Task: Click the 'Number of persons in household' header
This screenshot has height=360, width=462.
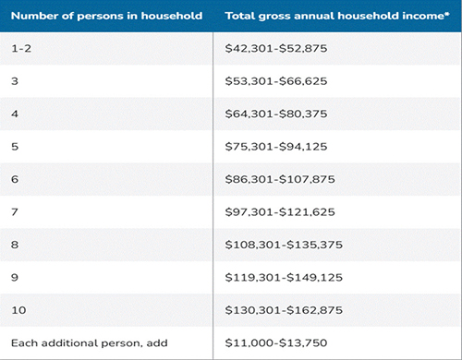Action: tap(106, 16)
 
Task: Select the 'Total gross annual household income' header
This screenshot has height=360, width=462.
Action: tap(334, 16)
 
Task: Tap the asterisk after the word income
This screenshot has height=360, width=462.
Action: tap(447, 14)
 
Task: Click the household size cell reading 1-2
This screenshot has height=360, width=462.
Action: tap(21, 48)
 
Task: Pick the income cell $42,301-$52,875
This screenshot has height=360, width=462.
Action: tap(276, 48)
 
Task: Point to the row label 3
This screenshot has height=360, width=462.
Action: tap(15, 81)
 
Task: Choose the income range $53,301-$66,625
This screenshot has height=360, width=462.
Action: tap(276, 81)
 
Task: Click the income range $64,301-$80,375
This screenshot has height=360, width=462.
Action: tap(276, 114)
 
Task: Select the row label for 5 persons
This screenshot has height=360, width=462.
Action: tap(15, 147)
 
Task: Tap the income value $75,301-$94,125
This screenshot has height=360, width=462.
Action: tap(276, 147)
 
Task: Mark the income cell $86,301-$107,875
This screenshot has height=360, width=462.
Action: tap(280, 179)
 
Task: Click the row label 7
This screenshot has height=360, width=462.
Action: tap(15, 212)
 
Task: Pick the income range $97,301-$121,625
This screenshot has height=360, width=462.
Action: tap(280, 212)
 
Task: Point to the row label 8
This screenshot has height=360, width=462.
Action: tap(15, 245)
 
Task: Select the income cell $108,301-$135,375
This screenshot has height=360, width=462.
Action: tap(284, 245)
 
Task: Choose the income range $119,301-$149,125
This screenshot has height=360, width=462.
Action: tap(284, 278)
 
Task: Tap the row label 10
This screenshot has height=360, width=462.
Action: tap(18, 310)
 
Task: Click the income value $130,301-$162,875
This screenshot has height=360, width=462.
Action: tap(284, 310)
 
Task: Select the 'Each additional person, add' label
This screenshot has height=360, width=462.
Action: tap(90, 343)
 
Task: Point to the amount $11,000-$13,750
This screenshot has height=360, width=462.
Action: tap(276, 342)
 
